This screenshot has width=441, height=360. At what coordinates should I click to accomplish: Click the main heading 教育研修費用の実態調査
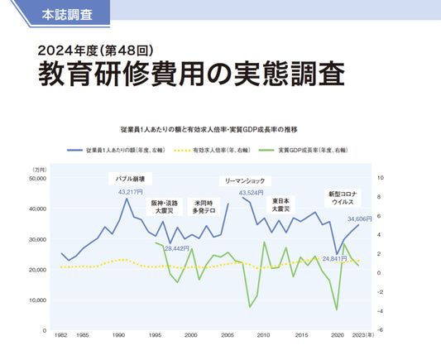pos(190,74)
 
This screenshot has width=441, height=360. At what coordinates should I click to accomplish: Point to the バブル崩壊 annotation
pos(128,178)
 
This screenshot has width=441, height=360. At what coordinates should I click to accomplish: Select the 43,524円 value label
pos(252,193)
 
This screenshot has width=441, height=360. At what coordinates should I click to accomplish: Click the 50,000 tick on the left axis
pos(36,178)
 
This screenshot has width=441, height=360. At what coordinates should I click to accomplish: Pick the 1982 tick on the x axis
pos(60,336)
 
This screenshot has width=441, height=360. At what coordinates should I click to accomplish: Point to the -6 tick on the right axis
pos(380,330)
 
